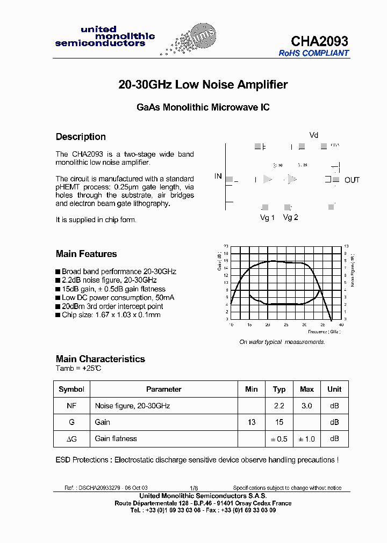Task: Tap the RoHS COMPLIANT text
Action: tap(313, 53)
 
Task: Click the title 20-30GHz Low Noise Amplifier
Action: tap(203, 85)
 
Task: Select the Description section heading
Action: tap(81, 137)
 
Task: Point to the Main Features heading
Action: tap(86, 254)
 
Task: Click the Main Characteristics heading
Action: tap(100, 359)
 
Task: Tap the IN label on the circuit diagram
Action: tap(218, 176)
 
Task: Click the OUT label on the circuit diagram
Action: tap(352, 180)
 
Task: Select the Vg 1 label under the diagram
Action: tap(267, 217)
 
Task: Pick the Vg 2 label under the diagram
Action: tap(290, 217)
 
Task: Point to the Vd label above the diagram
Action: tap(314, 135)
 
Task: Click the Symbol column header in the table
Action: tap(71, 389)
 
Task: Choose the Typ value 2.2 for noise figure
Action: tap(279, 406)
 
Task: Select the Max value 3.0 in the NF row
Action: tap(306, 406)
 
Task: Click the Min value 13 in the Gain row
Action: tap(251, 422)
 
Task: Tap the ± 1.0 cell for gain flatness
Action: tap(306, 439)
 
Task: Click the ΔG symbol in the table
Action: tap(71, 439)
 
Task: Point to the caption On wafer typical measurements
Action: tap(282, 342)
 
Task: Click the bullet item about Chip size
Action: tap(111, 315)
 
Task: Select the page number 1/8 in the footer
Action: tap(193, 488)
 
